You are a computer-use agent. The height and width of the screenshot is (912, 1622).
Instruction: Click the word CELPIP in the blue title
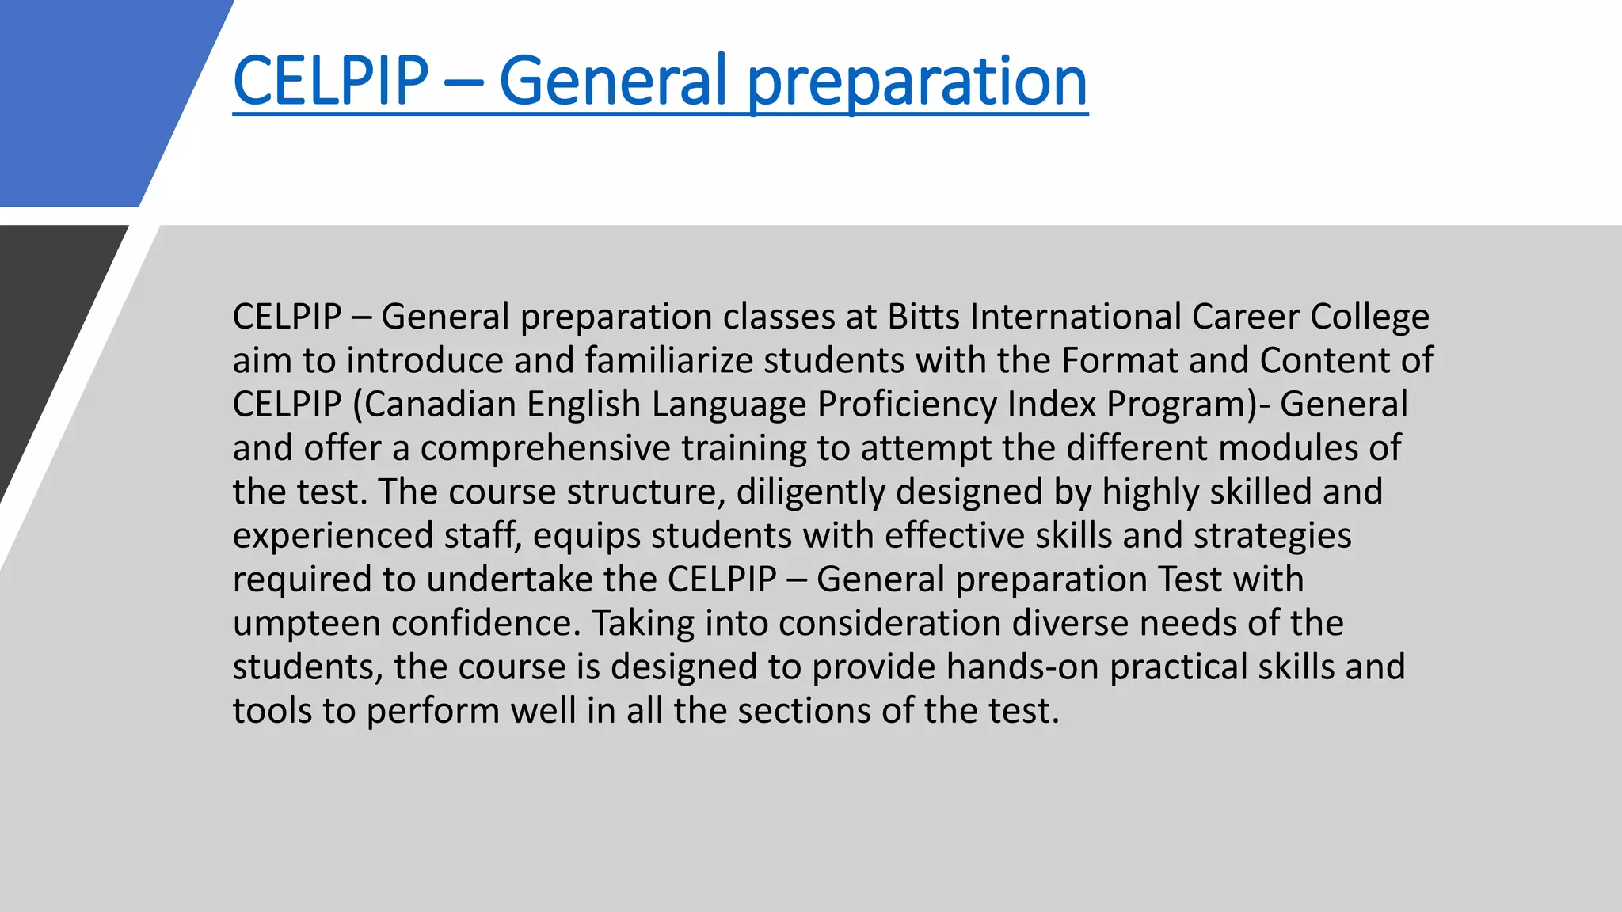[x=330, y=80]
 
